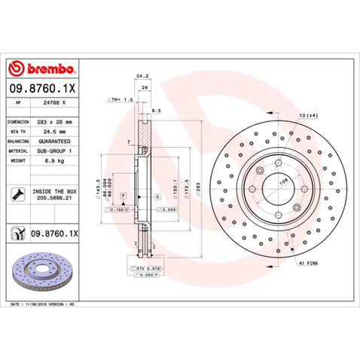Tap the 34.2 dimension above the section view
[140, 76]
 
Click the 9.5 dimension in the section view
[155, 110]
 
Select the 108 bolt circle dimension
[284, 181]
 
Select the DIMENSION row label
[18, 121]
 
